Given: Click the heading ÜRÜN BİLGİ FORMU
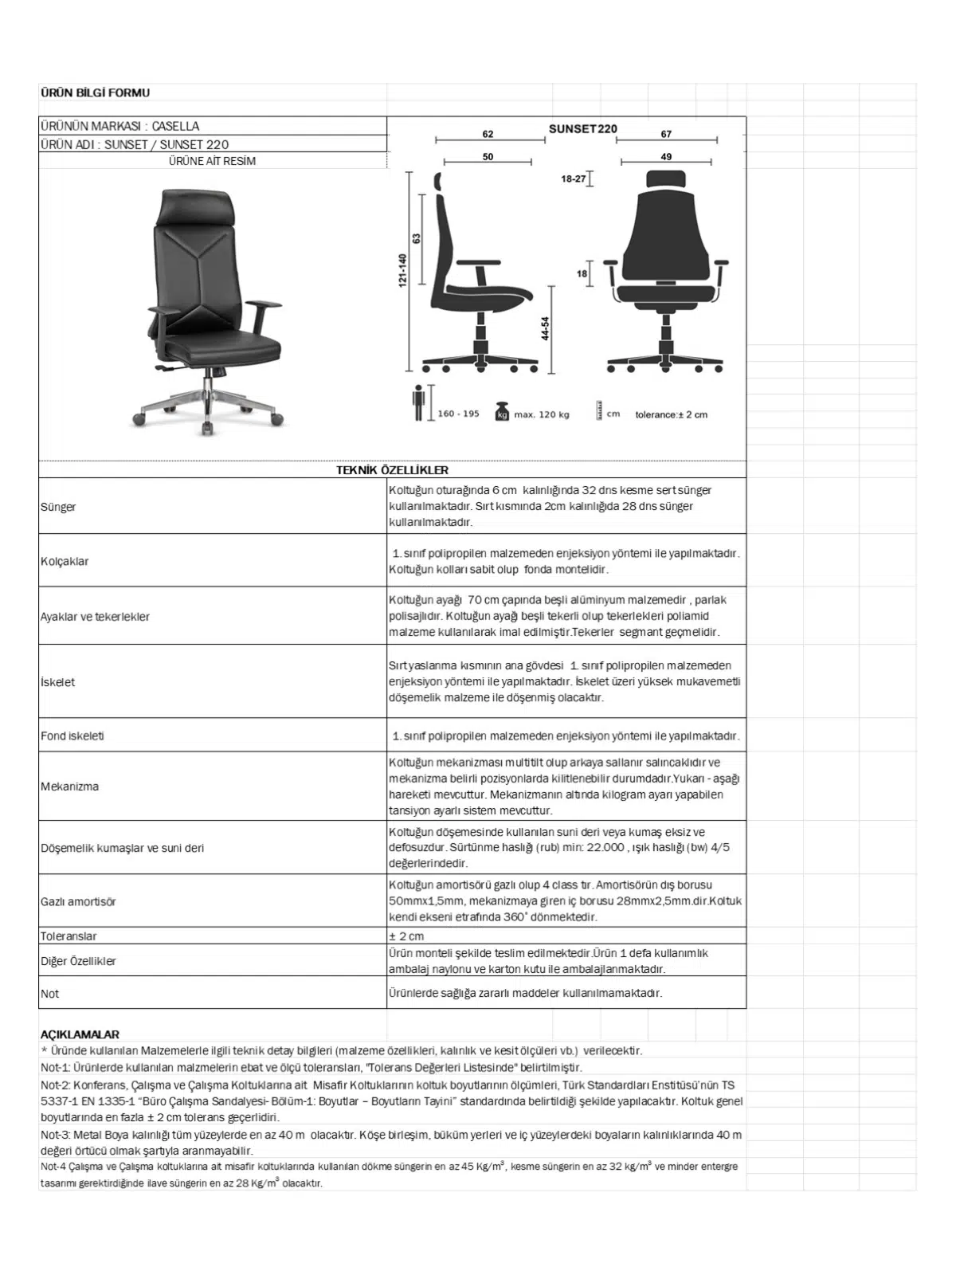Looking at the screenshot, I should pos(95,93).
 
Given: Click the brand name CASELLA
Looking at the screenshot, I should pos(175,126).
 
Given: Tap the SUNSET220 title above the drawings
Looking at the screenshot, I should pos(582,129).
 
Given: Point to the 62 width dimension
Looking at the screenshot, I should pos(488,134).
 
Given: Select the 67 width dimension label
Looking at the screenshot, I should pos(666,134).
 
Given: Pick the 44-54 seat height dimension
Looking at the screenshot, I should pos(546,328).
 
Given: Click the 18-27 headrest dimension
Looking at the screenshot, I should pos(573,179).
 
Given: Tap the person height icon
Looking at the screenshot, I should pos(418,402).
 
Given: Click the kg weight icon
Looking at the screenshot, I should pos(502,411).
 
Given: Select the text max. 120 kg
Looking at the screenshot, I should pos(542,414).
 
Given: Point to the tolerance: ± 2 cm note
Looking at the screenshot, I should pos(671,414).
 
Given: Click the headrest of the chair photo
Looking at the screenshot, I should pos(195,208).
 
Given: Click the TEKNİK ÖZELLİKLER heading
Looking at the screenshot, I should pos(392,470).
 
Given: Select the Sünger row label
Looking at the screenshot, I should pos(58,507).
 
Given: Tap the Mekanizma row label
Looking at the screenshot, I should pos(70,787).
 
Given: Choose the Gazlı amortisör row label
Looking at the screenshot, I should pos(78,901).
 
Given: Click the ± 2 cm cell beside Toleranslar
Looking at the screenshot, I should pos(406,936).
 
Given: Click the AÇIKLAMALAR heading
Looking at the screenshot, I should pos(80,1034).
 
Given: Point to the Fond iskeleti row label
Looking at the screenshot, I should pos(72,736).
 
